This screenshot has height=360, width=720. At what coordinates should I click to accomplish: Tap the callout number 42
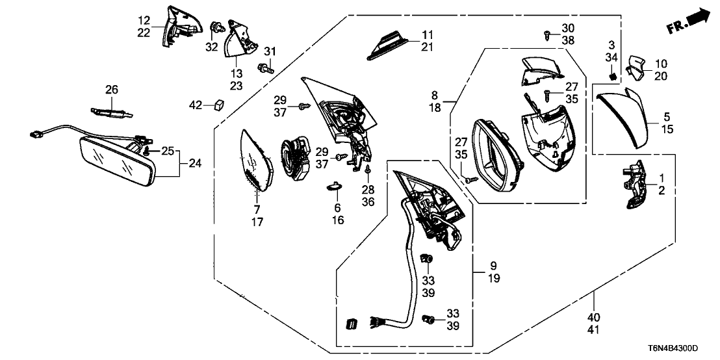[x=196, y=104]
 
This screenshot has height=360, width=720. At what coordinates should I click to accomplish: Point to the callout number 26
[x=112, y=89]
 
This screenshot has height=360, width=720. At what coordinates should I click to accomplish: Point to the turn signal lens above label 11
[x=390, y=46]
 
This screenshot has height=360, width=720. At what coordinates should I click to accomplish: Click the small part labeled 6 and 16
[x=335, y=186]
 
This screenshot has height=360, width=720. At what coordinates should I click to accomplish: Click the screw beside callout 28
[x=368, y=171]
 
